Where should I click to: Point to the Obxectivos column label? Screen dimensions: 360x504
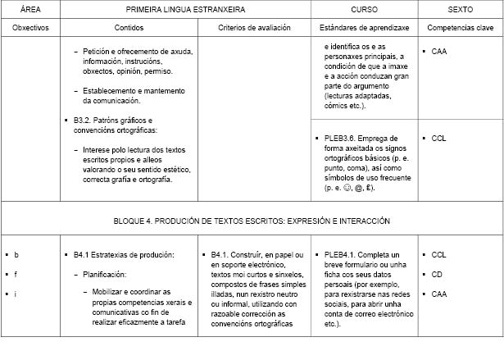coord(30,27)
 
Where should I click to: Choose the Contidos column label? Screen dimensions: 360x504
coord(129,27)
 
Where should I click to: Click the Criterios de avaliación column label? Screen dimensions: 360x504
coord(252,27)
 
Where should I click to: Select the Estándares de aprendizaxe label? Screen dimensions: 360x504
coord(364,27)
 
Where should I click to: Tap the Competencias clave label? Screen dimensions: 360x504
coord(459,27)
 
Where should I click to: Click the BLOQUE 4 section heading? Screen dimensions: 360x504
coord(252,221)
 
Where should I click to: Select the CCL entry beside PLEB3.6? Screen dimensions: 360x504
coord(438,138)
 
